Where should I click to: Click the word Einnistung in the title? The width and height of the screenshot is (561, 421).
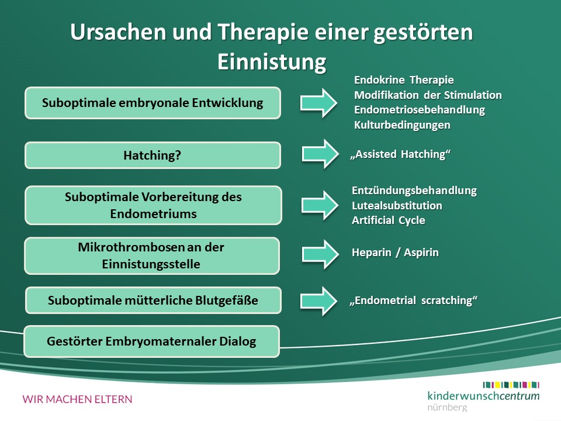point(272,62)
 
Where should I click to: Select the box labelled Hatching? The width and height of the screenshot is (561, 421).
point(153,156)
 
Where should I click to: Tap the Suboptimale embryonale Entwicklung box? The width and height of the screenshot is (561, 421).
point(153,103)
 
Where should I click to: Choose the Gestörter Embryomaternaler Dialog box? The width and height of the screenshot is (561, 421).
point(152,341)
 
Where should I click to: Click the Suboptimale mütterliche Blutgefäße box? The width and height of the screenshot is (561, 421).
point(153,301)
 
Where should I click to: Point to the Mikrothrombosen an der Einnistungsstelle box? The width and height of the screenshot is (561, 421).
point(152,256)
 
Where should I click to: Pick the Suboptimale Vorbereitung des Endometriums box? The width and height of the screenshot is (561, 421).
point(154,205)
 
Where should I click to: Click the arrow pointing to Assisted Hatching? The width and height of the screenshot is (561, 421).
point(320,154)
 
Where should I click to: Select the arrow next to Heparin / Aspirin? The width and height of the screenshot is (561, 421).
point(320,254)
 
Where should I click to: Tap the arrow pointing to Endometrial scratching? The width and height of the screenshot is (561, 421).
point(319,301)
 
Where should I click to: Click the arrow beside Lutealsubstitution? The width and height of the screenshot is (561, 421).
point(320,205)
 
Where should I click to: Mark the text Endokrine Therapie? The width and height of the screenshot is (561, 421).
point(404,80)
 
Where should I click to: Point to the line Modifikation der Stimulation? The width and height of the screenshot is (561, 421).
point(428,95)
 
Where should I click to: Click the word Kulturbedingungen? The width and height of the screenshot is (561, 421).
point(402,125)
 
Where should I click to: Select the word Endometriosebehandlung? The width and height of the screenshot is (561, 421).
point(420,110)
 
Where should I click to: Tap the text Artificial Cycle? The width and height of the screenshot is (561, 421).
point(389,220)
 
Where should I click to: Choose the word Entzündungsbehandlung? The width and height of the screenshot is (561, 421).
point(414,191)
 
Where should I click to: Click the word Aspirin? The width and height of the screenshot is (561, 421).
point(421,253)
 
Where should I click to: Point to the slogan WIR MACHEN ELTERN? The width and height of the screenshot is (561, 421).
point(77,399)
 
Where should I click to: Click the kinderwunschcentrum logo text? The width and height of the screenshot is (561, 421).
point(483,396)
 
